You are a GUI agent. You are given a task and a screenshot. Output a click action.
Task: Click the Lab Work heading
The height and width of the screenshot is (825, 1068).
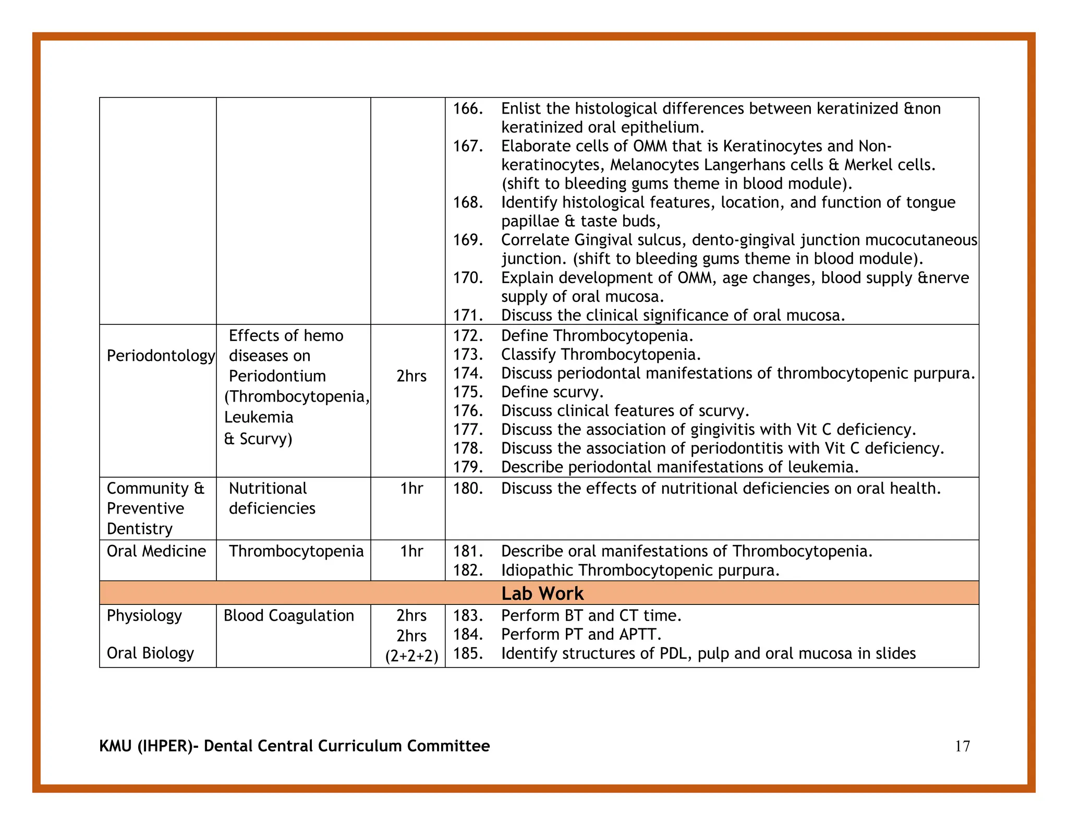pos(542,593)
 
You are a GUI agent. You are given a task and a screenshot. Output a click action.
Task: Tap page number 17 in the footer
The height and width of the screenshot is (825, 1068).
pos(962,746)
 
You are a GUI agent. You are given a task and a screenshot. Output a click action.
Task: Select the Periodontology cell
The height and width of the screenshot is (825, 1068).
pos(160,356)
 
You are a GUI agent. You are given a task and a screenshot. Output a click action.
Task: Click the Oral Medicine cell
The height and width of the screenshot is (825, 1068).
pos(156,551)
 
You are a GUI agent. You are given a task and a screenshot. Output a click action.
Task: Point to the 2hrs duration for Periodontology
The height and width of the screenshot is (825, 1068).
pos(411,376)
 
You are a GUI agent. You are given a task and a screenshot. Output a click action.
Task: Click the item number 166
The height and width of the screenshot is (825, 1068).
pos(467,109)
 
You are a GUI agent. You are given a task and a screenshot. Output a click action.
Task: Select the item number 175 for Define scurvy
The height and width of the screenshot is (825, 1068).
pos(467,392)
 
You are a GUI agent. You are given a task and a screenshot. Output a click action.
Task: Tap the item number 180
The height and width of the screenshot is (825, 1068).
pos(467,489)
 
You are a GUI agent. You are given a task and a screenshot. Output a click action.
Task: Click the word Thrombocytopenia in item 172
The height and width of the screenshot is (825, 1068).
pos(623,336)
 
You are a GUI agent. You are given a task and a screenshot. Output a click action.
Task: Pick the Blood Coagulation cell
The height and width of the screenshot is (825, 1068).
pos(288,616)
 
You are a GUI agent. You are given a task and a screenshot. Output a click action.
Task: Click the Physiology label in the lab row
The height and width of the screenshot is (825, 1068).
pos(144,616)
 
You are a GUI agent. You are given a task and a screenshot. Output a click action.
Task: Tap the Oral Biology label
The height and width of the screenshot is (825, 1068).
pos(150,653)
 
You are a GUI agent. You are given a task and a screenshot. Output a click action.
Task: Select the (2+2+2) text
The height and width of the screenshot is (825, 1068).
pos(411,656)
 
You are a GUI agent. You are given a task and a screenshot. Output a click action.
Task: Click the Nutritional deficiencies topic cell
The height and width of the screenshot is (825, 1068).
pos(272,499)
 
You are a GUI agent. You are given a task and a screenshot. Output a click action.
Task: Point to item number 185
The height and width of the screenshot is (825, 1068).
pos(467,653)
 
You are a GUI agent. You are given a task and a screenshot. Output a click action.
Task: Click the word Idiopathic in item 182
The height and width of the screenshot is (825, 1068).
pos(537,571)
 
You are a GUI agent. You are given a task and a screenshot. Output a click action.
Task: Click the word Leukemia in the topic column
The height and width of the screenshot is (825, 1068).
pos(259,418)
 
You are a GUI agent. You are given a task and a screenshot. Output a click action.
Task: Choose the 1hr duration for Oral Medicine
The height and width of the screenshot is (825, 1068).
pos(411,551)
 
